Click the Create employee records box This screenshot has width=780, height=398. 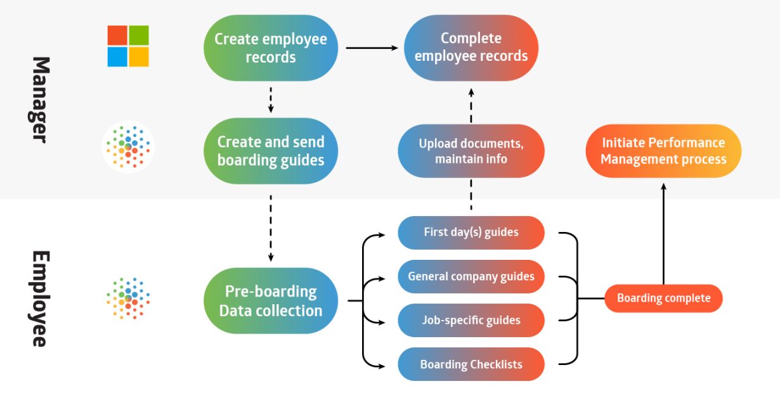[x=271, y=48]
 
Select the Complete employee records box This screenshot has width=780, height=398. [x=471, y=48]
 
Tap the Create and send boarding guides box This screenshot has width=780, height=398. [x=271, y=151]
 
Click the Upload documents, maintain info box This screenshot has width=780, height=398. [x=471, y=151]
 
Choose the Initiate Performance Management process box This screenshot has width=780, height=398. [x=663, y=151]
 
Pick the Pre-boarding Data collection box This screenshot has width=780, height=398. [x=271, y=300]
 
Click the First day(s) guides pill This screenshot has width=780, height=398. [x=471, y=233]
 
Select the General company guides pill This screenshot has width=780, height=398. [x=471, y=276]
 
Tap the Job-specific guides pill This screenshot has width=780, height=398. [x=471, y=320]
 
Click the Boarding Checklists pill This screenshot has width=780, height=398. [x=471, y=364]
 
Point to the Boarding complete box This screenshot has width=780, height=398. [x=663, y=298]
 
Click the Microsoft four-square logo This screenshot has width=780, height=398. [x=128, y=46]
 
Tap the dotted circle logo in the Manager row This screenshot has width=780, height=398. [x=128, y=146]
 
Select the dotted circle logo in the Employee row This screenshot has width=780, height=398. [x=128, y=298]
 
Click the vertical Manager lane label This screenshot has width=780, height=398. [x=40, y=99]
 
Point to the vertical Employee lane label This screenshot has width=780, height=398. [x=40, y=298]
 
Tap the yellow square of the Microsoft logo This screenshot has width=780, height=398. [x=139, y=57]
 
